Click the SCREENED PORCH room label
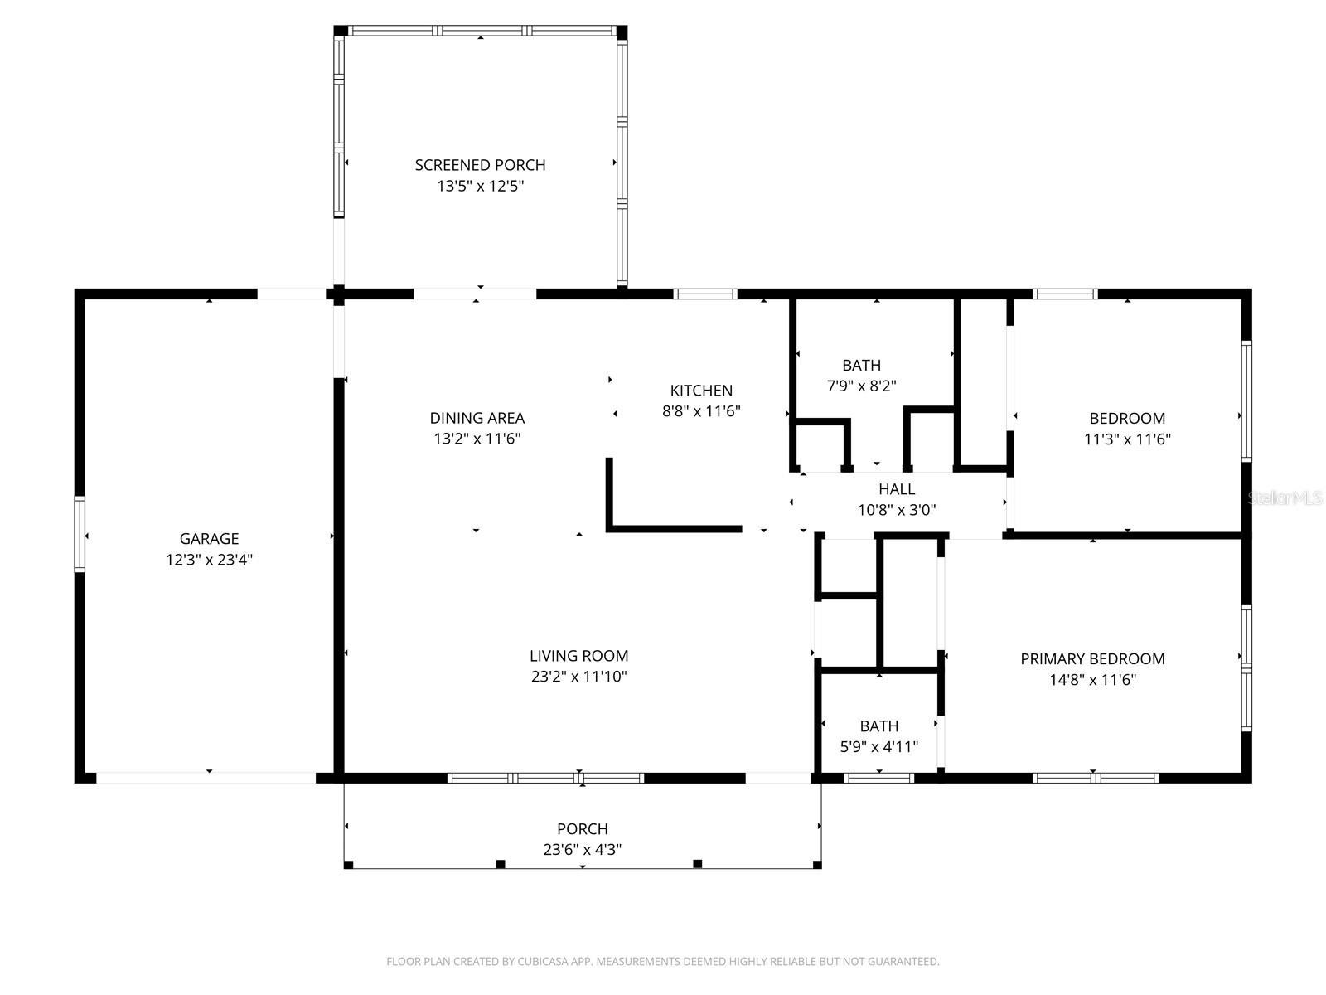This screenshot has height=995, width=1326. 480,165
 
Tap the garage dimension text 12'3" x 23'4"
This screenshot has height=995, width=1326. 209,560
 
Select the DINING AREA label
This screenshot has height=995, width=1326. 477,418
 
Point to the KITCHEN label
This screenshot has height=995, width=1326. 701,391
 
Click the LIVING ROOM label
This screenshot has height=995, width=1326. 578,656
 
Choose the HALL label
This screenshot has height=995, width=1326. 897,489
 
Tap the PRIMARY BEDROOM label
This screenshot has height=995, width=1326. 1092,659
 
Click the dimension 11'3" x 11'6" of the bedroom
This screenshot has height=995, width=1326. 1127,439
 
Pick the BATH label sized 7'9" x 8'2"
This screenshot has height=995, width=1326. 861,365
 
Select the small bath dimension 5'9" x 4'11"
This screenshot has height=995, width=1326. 878,747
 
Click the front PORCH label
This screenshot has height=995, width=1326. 582,828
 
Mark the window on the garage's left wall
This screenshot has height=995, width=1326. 80,534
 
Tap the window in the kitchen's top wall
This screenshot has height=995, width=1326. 704,294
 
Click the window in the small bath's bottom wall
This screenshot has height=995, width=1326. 878,778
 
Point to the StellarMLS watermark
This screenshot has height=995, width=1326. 1285,498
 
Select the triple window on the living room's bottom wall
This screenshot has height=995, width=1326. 545,778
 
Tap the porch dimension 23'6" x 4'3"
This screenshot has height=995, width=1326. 582,850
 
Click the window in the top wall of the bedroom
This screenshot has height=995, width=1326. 1065,294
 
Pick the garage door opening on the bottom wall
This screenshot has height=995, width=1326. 206,778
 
